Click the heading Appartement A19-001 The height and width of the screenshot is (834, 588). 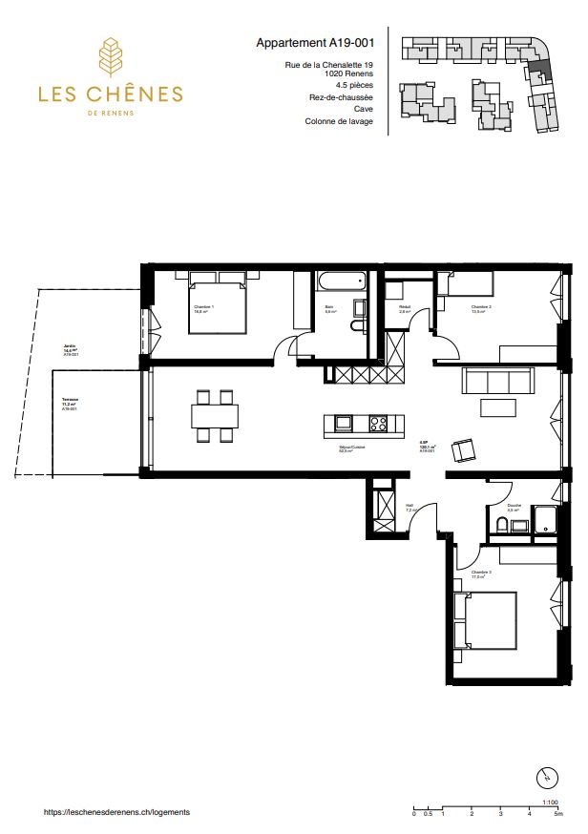pos(314,43)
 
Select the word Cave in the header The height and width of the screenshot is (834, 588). pos(363,109)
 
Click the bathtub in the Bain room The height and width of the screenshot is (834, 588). pos(341,280)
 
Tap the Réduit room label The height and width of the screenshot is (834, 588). pos(405,307)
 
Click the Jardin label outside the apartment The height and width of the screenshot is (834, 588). pos(69,347)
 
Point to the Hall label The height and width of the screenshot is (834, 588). pos(409,507)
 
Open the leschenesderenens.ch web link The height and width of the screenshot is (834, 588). pos(117,811)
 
